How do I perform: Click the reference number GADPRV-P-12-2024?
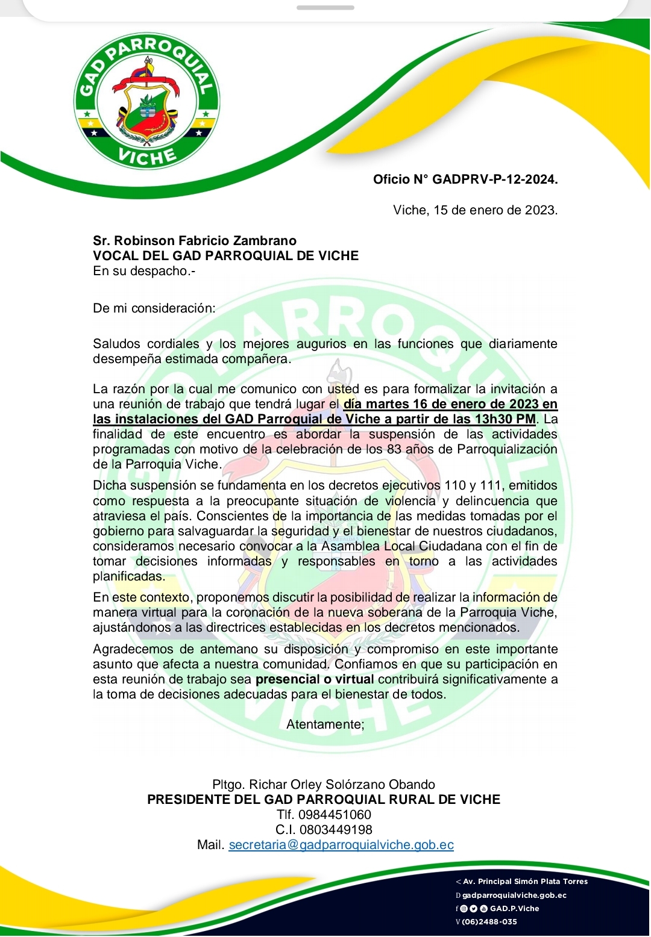[x=495, y=179]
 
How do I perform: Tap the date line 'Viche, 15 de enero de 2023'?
[x=475, y=210]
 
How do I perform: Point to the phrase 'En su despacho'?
[x=143, y=271]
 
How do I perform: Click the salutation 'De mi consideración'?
[x=154, y=308]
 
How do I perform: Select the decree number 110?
[x=455, y=485]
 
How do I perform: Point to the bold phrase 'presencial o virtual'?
[x=315, y=679]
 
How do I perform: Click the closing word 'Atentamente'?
[x=325, y=724]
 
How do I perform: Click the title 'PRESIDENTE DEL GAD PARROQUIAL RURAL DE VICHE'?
[x=324, y=800]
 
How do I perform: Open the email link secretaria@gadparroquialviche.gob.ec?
[x=341, y=845]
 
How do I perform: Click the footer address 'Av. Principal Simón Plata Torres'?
[x=525, y=882]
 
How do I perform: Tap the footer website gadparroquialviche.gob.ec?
[x=514, y=895]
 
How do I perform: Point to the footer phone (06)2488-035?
[x=489, y=922]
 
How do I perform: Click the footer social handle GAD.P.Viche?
[x=514, y=909]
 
